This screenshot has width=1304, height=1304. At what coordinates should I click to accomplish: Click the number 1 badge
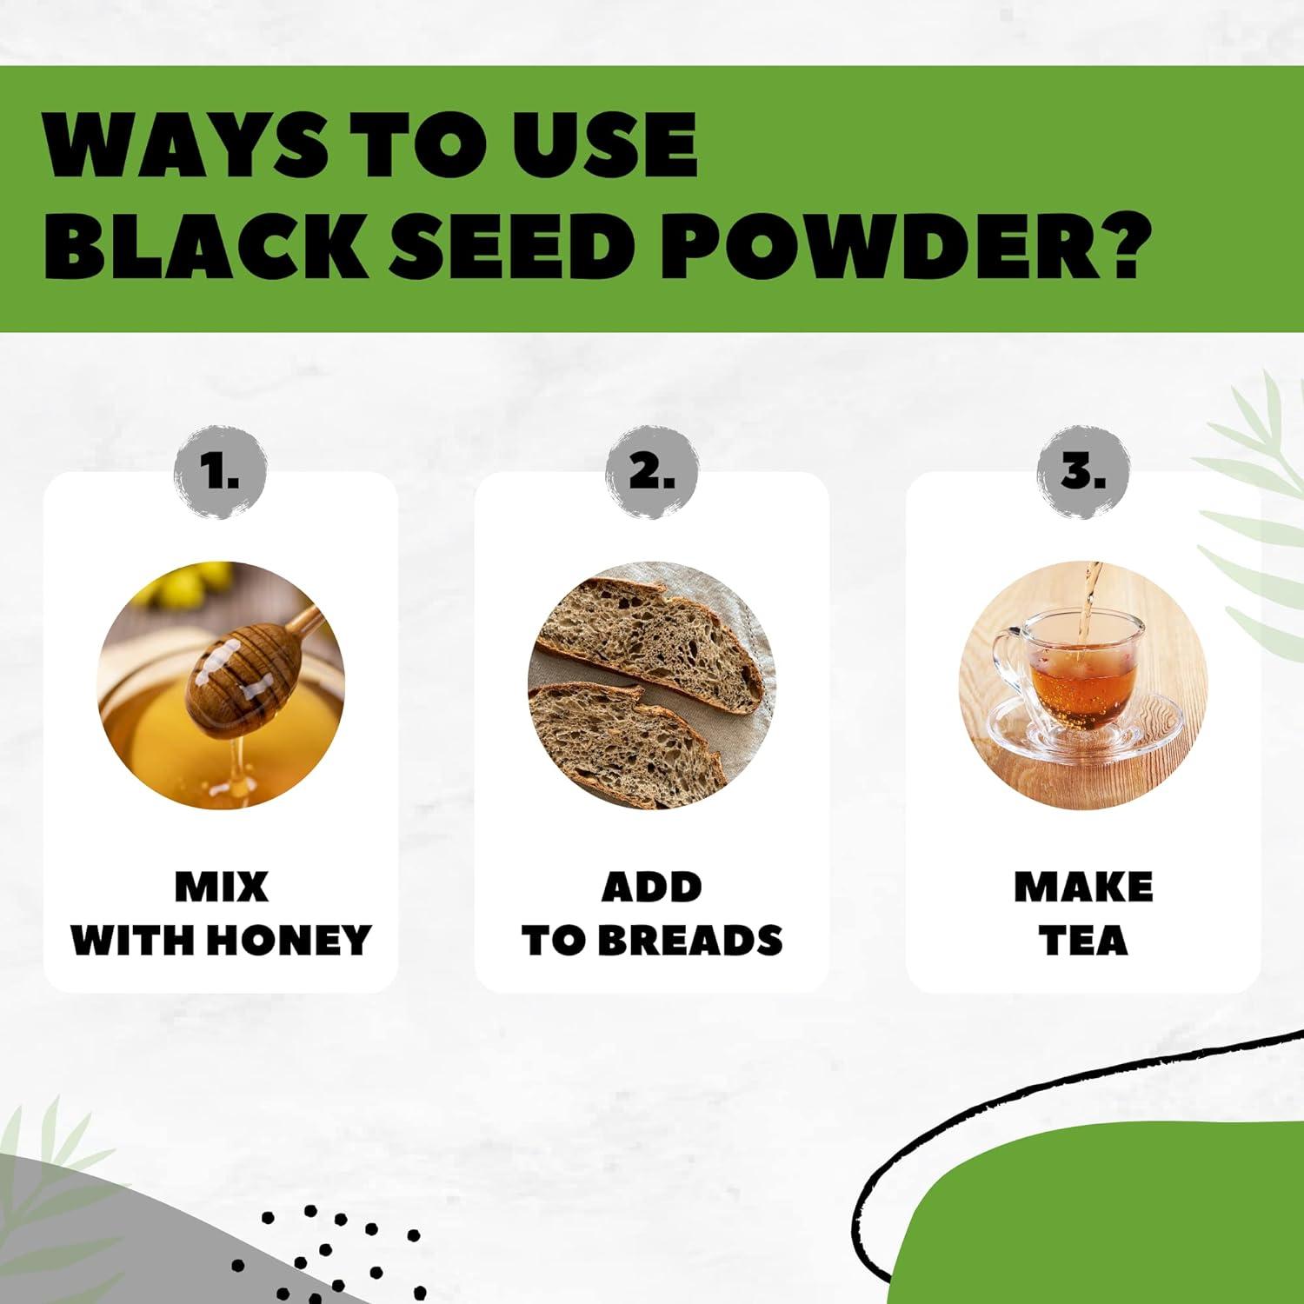220,474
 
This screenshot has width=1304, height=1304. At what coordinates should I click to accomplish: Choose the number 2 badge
651,474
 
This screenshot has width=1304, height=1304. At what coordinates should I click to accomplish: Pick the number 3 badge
1083,474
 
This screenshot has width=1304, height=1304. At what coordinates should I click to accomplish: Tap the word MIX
221,888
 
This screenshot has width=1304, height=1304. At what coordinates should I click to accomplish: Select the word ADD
651,888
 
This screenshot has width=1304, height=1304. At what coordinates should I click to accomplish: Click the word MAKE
1083,888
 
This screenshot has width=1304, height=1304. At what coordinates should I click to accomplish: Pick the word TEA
1083,941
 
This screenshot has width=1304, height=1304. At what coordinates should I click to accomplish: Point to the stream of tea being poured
1087,600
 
